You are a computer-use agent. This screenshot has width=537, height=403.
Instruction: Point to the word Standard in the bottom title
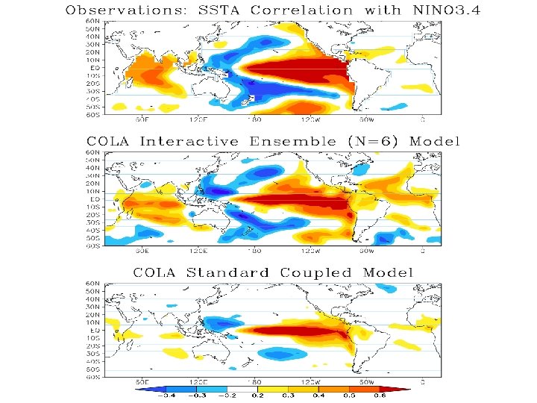pyautogui.click(x=232, y=272)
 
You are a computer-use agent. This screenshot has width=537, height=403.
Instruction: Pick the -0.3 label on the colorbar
pyautogui.click(x=200, y=396)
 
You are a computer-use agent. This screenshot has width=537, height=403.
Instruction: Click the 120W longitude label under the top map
pyautogui.click(x=306, y=119)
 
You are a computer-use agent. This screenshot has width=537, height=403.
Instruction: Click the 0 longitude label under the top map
pyautogui.click(x=422, y=119)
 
